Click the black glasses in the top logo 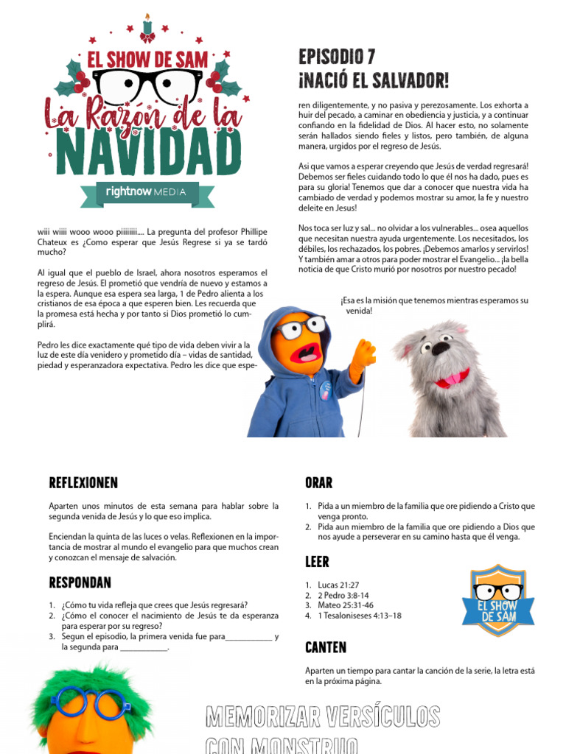click(148, 85)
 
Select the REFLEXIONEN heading click(83, 483)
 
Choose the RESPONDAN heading click(80, 582)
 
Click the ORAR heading click(318, 483)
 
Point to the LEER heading click(317, 562)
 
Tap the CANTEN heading click(326, 647)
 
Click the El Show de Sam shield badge click(498, 599)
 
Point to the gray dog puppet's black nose click(441, 348)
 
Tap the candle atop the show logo click(147, 25)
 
